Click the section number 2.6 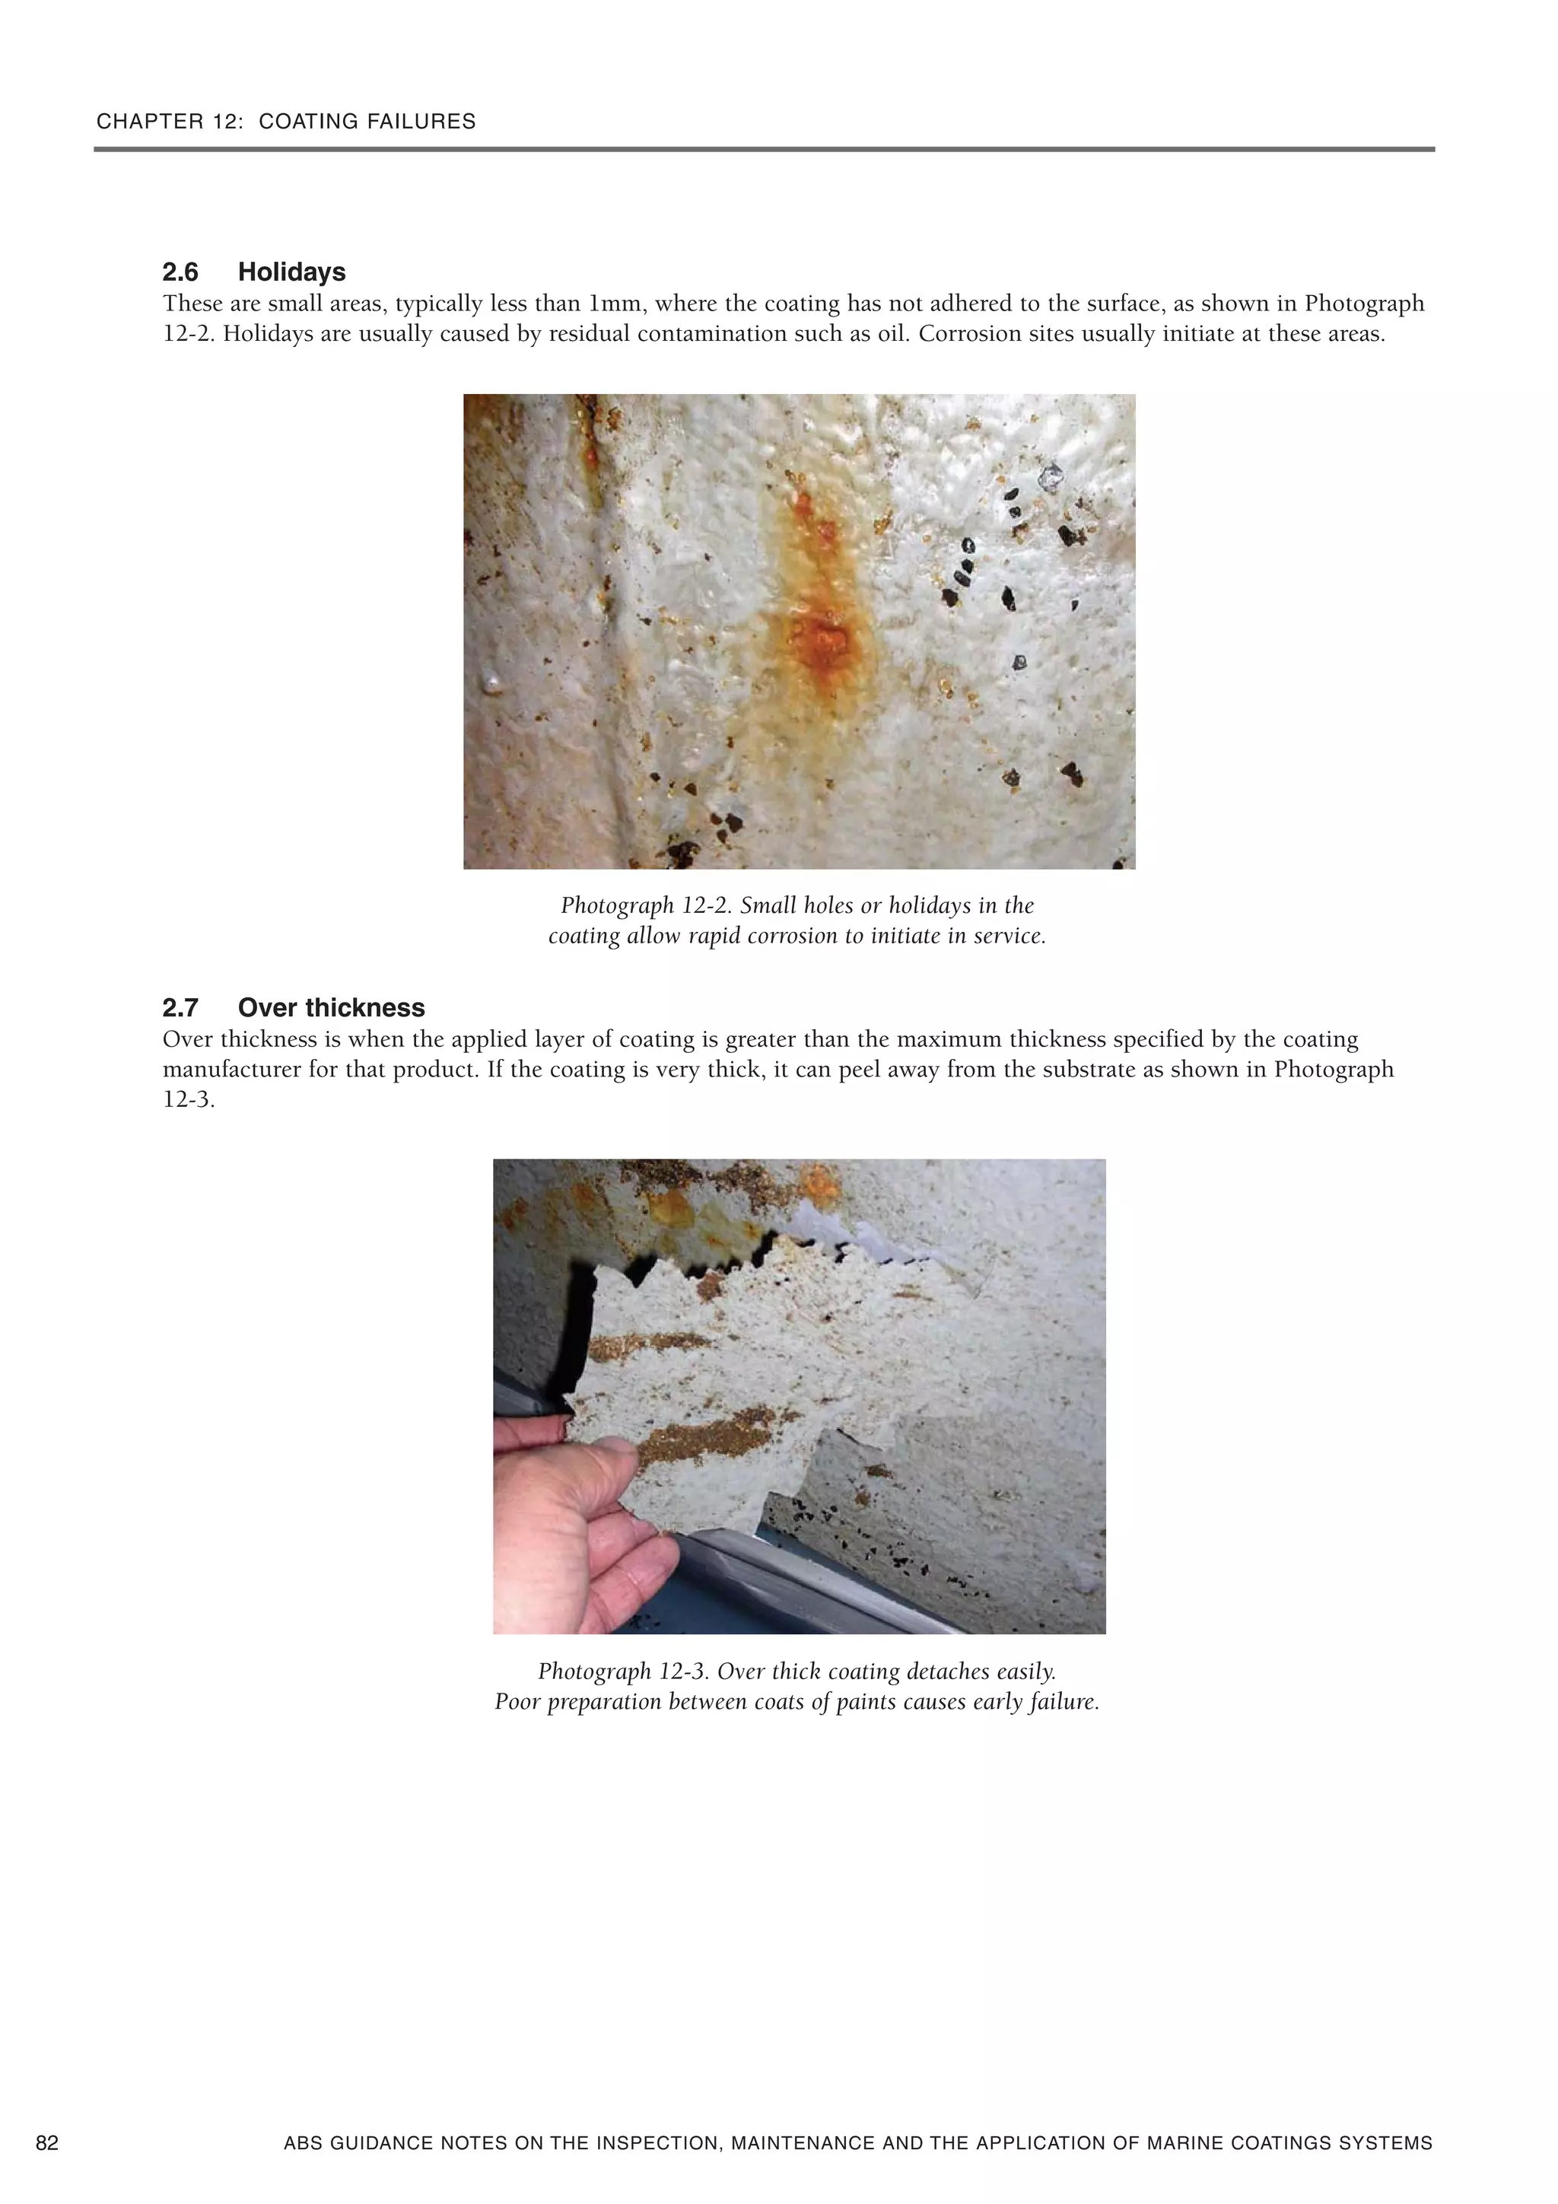click(x=180, y=272)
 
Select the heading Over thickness click(x=330, y=1008)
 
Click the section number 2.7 click(x=180, y=1008)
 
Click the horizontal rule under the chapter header click(x=764, y=150)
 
